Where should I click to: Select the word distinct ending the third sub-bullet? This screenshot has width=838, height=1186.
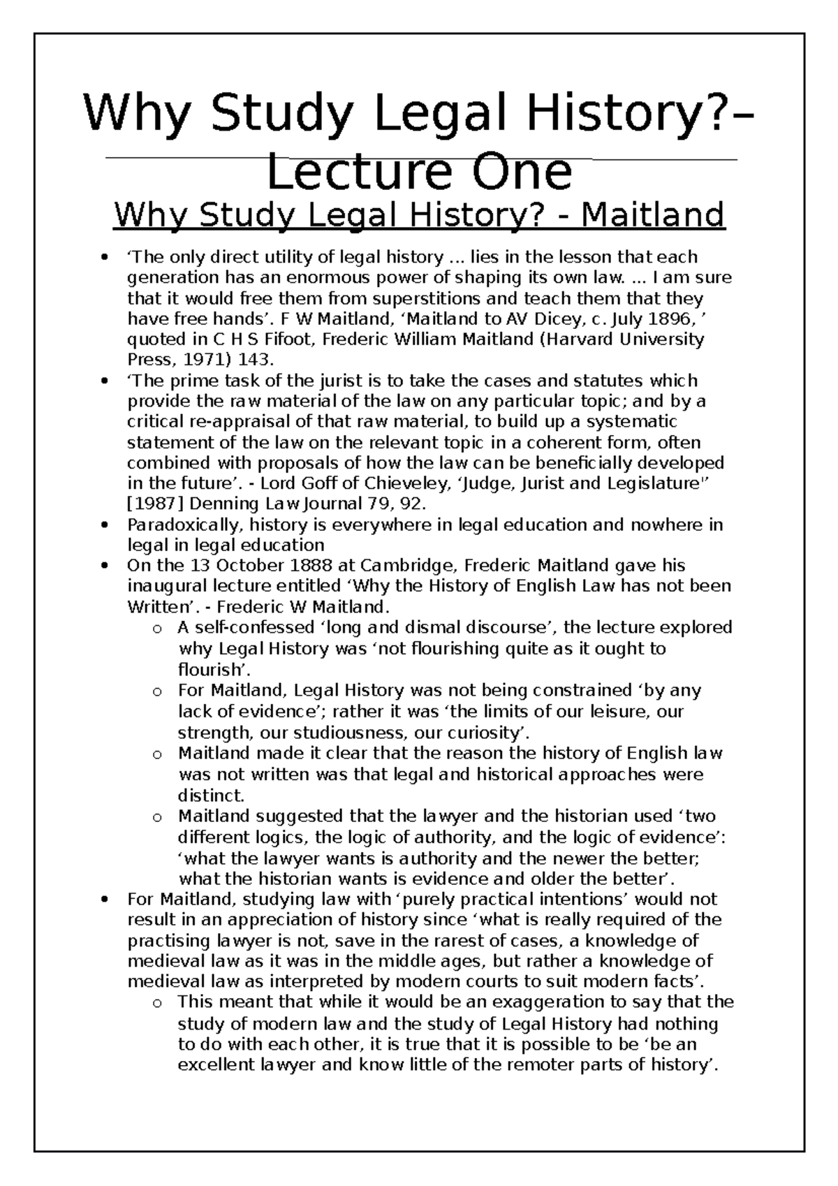(210, 796)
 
